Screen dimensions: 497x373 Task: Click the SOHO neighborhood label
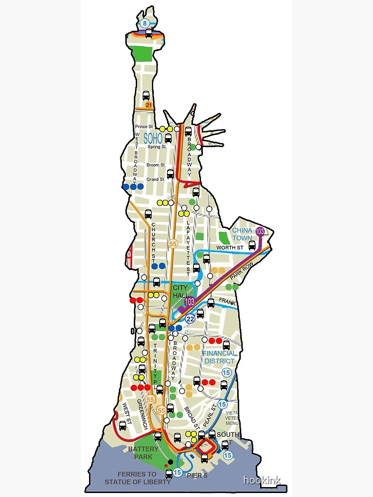(x=153, y=139)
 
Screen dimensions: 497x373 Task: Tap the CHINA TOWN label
(x=242, y=234)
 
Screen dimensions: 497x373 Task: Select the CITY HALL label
(x=180, y=292)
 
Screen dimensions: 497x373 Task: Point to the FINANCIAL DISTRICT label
(x=219, y=357)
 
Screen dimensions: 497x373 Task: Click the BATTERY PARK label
(x=143, y=453)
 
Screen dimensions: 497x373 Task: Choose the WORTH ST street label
(x=229, y=248)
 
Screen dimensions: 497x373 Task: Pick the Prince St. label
(x=145, y=127)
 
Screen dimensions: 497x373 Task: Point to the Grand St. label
(x=156, y=179)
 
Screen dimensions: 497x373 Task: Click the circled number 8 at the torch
(x=145, y=23)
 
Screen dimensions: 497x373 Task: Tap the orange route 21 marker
(x=149, y=105)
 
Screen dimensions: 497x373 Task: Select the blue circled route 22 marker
(x=189, y=319)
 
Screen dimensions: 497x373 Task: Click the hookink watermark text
(x=262, y=480)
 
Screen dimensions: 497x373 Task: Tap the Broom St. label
(x=156, y=165)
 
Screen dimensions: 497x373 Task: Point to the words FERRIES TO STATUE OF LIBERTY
(x=137, y=478)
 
